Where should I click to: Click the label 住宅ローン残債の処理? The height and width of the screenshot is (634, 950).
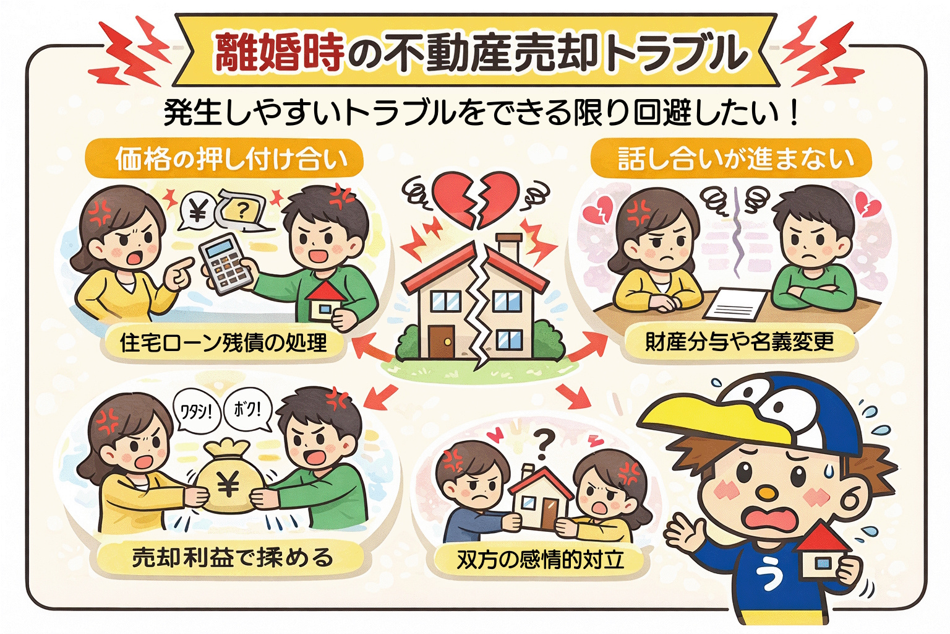(223, 342)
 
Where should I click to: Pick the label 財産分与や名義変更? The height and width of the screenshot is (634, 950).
(740, 341)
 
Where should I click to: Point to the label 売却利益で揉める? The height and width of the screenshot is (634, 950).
(233, 558)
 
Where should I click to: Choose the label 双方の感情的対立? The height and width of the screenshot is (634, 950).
(540, 560)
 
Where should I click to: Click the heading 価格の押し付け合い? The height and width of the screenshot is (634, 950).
(231, 159)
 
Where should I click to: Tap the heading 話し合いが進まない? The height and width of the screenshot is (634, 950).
(736, 158)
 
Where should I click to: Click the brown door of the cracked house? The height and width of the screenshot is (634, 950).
(442, 342)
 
